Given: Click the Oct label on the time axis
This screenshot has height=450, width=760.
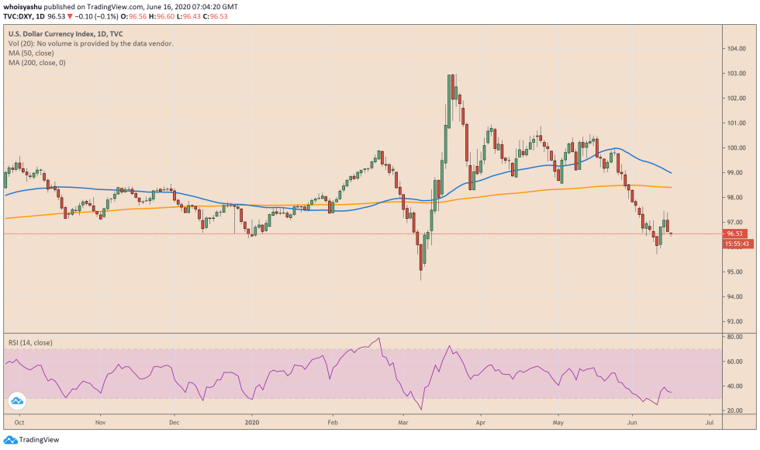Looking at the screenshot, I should (x=19, y=423).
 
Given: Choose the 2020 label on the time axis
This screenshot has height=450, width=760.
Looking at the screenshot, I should (x=250, y=423).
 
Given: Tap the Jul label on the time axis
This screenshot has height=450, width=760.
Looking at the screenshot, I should (x=709, y=423).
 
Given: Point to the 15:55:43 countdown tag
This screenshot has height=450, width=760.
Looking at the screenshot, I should (x=737, y=244).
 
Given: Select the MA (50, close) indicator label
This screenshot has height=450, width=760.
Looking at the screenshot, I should (x=36, y=54).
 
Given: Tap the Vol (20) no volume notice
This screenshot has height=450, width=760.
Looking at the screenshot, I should (x=91, y=44).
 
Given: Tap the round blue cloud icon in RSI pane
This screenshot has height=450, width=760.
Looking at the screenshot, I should (x=16, y=401).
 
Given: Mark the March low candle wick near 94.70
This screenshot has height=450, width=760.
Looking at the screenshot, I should (x=421, y=278).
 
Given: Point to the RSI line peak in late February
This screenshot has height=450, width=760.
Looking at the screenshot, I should (x=378, y=338).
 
